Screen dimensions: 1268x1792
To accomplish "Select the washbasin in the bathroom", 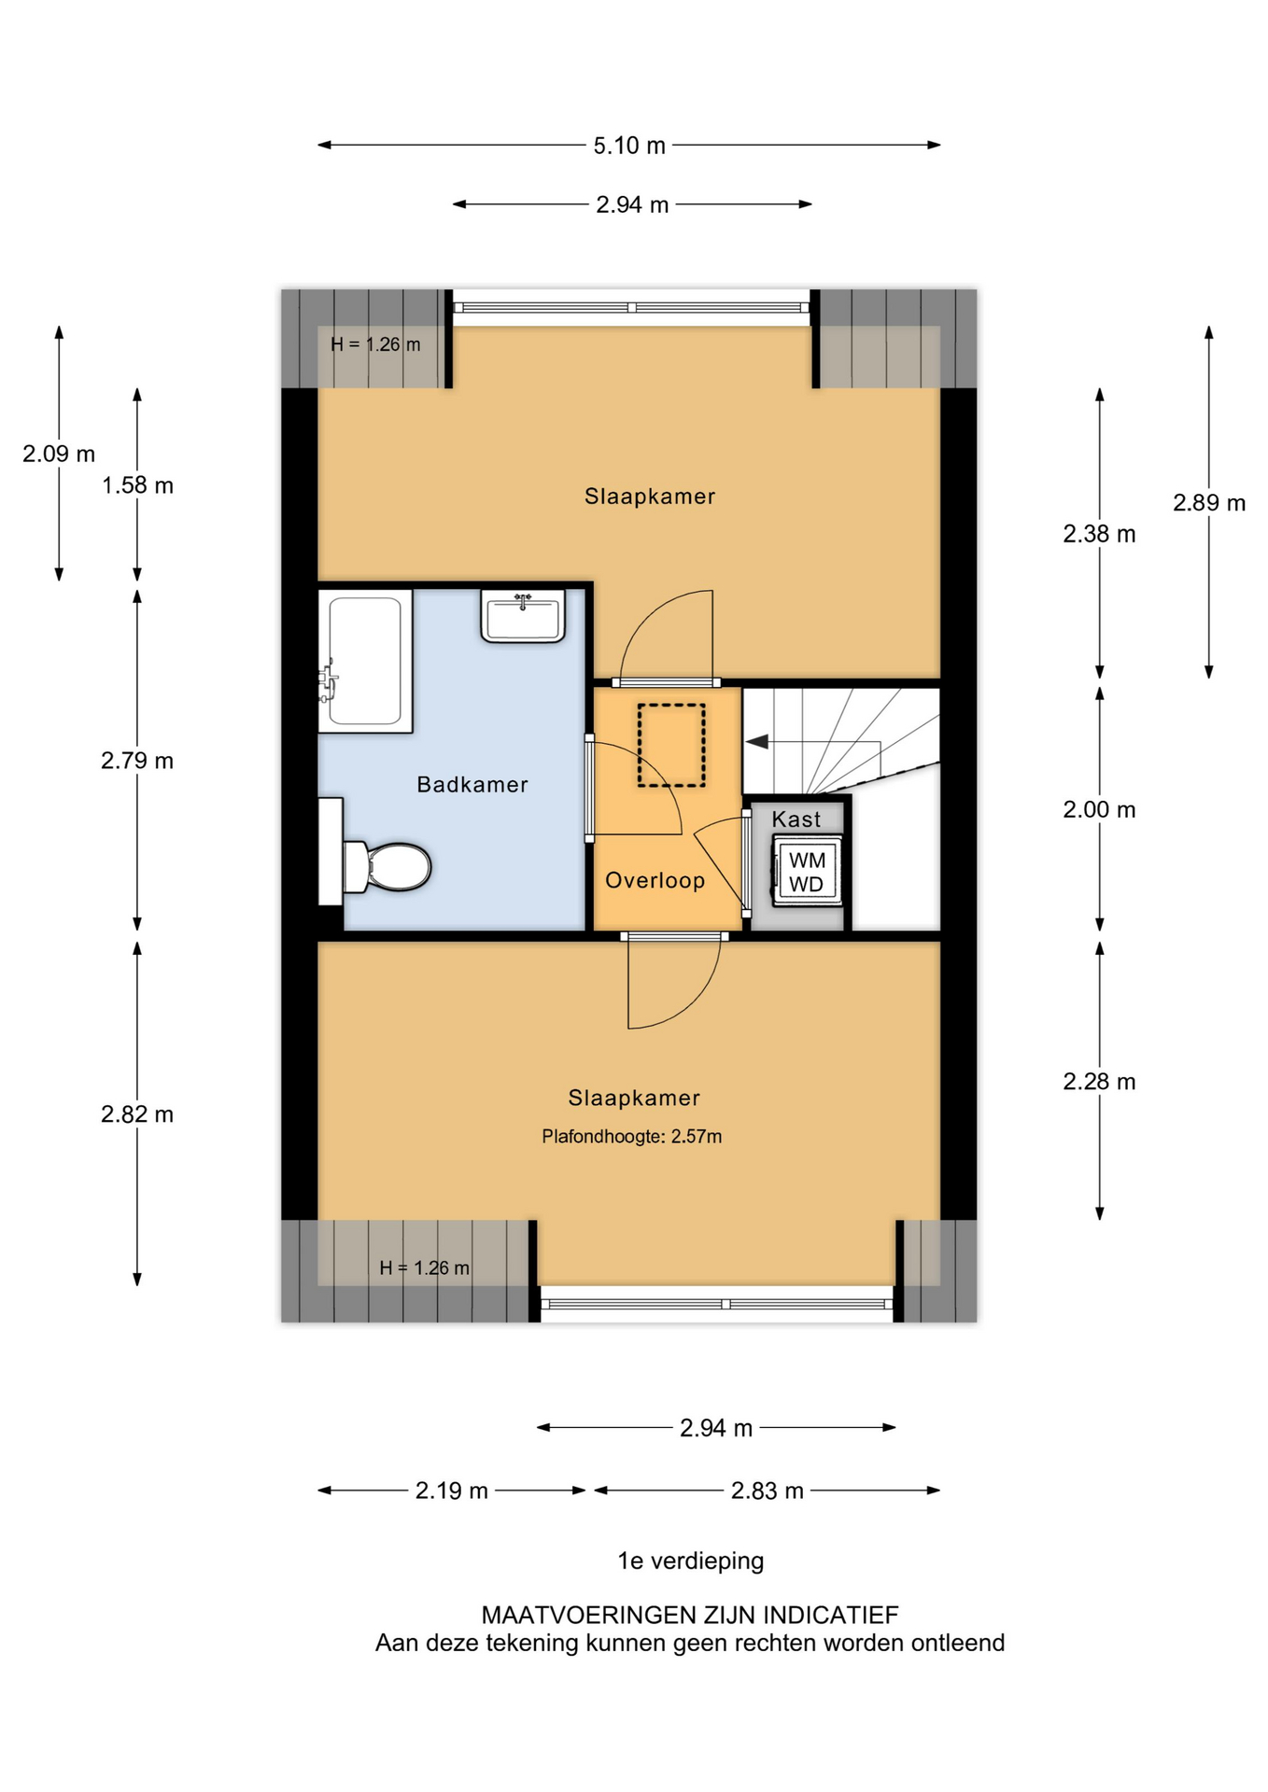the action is (523, 616).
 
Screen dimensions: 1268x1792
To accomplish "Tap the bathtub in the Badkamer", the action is (365, 661).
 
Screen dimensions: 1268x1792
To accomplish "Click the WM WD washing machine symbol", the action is (807, 871).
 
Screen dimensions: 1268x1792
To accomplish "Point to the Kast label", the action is (796, 819).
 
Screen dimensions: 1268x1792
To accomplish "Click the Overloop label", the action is (655, 880).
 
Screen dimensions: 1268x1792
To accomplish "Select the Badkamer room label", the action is (472, 785).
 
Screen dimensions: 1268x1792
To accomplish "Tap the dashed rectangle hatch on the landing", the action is (671, 745).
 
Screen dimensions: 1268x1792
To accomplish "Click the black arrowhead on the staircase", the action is (756, 741).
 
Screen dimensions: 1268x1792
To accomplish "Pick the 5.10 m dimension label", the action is (629, 146).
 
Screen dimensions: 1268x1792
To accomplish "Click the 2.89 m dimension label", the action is (1209, 503).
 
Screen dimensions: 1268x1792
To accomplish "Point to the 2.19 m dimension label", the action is (452, 1491).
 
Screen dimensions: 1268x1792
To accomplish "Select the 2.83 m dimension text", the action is (768, 1491).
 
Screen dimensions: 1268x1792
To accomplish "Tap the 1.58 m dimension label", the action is (137, 485).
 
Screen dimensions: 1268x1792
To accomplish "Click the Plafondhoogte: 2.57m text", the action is (632, 1136).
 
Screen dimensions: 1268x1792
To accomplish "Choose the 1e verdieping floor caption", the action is (691, 1561).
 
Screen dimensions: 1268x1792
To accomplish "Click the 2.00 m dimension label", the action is (1099, 810).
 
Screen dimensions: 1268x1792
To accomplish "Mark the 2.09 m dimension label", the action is (59, 454).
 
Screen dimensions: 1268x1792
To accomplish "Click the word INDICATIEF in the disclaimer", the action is (831, 1615).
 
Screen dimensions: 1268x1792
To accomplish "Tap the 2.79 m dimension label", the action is (137, 761).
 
